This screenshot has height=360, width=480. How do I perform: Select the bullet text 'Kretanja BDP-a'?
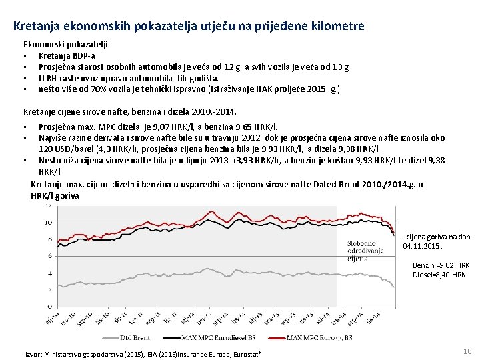(x=67, y=56)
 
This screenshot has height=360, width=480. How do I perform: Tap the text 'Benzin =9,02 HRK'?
(x=441, y=265)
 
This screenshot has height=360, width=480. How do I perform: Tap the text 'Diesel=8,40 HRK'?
(x=439, y=275)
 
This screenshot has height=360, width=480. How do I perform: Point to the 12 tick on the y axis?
(x=49, y=206)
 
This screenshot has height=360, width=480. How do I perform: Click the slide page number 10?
(x=467, y=351)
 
